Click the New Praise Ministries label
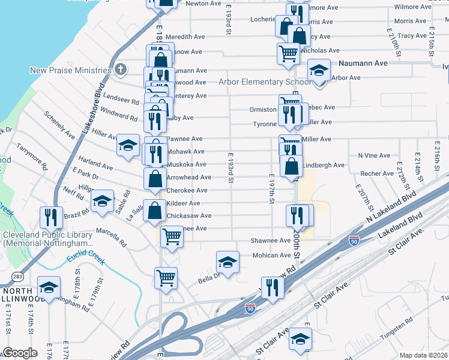pyautogui.click(x=71, y=70)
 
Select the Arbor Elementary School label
pyautogui.click(x=264, y=82)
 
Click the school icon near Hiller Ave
pyautogui.click(x=127, y=145)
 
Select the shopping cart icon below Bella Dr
pyautogui.click(x=166, y=277)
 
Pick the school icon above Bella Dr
pyautogui.click(x=227, y=261)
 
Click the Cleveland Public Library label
pyautogui.click(x=47, y=239)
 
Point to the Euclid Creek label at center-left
pyautogui.click(x=86, y=254)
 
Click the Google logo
pyautogui.click(x=20, y=352)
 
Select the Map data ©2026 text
pyautogui.click(x=424, y=355)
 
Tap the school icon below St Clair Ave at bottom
pyautogui.click(x=300, y=340)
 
